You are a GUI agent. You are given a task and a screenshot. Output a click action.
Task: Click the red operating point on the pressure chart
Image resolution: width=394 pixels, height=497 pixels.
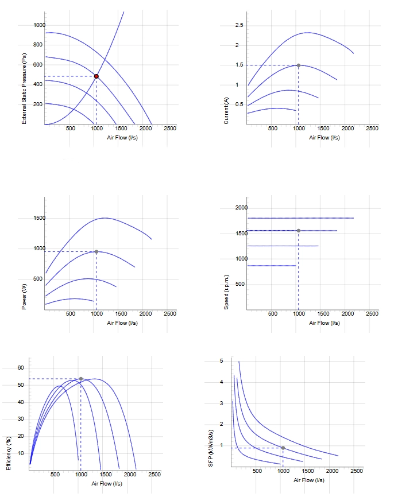point(96,76)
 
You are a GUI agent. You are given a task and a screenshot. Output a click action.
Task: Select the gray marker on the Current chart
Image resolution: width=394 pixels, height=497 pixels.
point(299,65)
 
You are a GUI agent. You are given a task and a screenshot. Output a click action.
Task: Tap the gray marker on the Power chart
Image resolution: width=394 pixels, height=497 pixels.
point(96,252)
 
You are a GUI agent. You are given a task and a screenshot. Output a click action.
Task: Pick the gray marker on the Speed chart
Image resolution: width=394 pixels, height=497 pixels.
point(299,231)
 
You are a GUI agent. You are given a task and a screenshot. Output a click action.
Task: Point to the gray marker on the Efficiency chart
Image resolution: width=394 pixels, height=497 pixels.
point(81,379)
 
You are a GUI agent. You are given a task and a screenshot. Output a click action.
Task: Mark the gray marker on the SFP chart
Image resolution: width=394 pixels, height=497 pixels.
point(283,448)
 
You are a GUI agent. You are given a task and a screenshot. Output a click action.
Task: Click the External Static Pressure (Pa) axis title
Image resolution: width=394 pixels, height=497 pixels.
point(24,88)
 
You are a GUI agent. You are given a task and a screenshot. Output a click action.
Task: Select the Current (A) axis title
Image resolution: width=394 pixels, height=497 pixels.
point(226,111)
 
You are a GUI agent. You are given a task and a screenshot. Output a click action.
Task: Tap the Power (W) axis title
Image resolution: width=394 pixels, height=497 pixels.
point(24,297)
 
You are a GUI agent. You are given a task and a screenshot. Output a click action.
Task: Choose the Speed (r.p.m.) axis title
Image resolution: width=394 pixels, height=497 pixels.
point(226,292)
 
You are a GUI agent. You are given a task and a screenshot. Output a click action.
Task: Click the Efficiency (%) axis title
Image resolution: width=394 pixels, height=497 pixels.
point(9,453)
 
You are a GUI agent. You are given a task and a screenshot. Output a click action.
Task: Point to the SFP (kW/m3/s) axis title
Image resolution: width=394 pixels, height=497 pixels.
point(211,448)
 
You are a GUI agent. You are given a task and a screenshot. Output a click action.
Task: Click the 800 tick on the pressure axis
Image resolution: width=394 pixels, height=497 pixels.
point(38,45)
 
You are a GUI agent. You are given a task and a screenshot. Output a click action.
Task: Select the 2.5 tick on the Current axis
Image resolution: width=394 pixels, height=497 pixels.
point(239,25)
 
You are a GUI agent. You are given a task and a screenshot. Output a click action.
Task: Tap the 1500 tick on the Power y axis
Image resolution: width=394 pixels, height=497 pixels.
point(40,218)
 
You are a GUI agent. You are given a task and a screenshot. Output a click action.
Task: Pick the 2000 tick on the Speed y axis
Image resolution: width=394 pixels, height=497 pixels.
point(241,208)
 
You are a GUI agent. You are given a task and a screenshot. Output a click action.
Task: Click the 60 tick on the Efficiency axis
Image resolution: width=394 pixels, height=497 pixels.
point(21,368)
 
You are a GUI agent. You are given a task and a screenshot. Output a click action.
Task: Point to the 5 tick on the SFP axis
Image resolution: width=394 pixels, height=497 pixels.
point(222,361)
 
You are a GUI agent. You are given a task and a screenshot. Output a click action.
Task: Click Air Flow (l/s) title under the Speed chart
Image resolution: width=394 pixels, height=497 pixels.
point(324,323)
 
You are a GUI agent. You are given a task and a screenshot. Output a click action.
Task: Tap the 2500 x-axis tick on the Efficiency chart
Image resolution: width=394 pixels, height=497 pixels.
point(154,475)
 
